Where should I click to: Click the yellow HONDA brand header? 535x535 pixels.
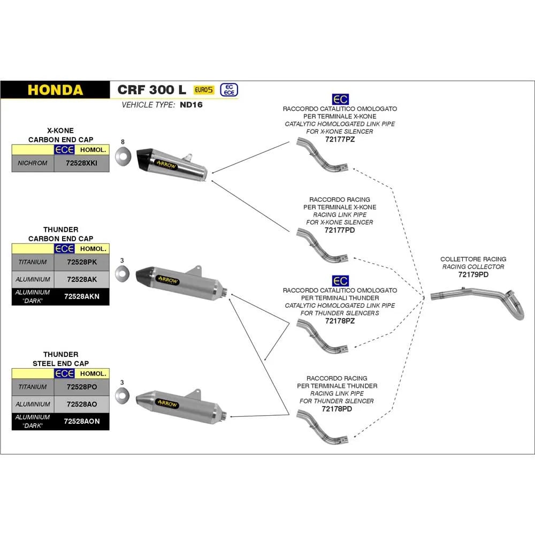coord(55,89)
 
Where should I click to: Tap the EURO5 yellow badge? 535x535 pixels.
coord(203,90)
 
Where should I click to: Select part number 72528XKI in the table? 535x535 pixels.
coord(81,163)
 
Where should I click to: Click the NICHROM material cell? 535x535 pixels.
coord(33,163)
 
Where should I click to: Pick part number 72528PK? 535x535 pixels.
coord(81,262)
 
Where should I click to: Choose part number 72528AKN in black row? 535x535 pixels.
coord(81,296)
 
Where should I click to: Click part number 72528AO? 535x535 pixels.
coord(81,403)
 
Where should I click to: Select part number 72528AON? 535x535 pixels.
coord(81,421)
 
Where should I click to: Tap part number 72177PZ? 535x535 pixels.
coord(340,139)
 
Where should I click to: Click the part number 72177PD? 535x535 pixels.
coord(340,230)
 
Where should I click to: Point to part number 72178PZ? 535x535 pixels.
coord(340,321)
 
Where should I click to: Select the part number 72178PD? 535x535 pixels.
coord(337,409)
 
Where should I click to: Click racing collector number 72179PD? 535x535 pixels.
coord(473,274)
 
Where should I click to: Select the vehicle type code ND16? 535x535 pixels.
coord(191,105)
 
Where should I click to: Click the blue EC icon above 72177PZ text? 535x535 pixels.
coord(340,100)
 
